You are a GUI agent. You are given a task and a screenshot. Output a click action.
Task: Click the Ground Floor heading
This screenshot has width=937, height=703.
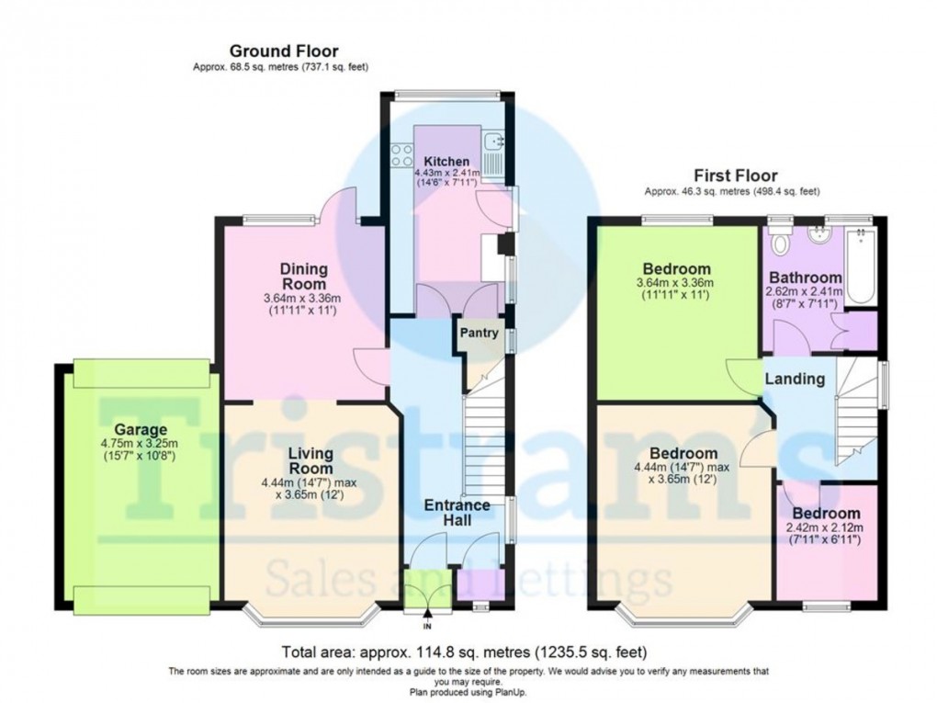(x=283, y=51)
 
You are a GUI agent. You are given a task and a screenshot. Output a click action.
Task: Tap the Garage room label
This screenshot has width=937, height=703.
(x=141, y=429)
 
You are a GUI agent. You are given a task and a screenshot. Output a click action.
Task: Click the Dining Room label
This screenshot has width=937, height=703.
(x=303, y=277)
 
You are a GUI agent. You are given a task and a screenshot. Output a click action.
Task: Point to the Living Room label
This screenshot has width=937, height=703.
(x=310, y=461)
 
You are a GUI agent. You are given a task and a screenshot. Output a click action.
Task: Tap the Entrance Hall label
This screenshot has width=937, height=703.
(x=447, y=512)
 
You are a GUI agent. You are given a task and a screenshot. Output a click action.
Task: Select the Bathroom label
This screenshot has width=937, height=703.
(x=806, y=278)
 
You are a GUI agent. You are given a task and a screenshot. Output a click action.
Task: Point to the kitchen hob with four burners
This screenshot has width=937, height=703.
(x=402, y=156)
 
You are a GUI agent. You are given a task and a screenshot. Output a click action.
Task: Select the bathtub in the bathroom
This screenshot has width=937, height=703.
(x=860, y=266)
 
